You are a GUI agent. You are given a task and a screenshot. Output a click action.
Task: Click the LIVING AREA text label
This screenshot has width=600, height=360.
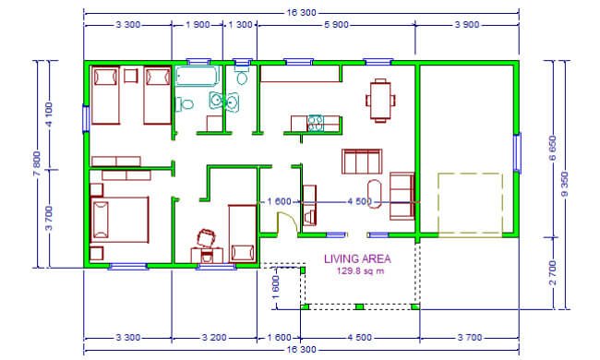357,259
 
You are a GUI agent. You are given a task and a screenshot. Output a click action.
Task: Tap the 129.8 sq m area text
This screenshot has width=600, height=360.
360,271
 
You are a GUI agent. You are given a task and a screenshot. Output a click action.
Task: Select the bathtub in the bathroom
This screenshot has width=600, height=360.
198,76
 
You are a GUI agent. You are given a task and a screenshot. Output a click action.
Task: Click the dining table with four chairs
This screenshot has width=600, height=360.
380,101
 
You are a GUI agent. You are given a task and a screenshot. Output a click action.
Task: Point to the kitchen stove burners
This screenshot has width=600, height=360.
316,123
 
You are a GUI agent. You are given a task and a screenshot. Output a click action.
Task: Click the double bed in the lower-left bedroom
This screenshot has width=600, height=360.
119,220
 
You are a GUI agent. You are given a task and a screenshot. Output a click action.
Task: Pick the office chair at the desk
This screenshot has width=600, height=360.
207,238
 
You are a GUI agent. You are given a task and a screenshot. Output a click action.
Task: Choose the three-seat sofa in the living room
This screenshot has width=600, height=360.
362,162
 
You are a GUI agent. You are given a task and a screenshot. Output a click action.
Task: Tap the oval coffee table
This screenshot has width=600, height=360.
374,194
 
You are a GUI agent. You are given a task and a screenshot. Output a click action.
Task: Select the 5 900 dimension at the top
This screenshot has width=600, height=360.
336,25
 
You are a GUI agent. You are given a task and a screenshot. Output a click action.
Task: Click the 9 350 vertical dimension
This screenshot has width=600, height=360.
565,184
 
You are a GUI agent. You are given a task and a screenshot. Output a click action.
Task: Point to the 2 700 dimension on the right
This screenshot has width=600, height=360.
553,273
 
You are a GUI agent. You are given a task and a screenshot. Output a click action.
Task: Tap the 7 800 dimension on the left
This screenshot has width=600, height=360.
37,163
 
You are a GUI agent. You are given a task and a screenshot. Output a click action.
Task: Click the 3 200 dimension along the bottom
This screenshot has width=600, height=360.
214,338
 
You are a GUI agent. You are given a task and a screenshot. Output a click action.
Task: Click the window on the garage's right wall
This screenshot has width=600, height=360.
517,152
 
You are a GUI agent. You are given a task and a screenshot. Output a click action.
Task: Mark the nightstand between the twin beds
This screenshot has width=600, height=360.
131,76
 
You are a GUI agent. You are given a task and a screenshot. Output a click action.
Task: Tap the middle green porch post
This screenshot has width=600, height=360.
359,306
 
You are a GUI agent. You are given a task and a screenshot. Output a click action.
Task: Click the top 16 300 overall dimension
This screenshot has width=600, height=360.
302,13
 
